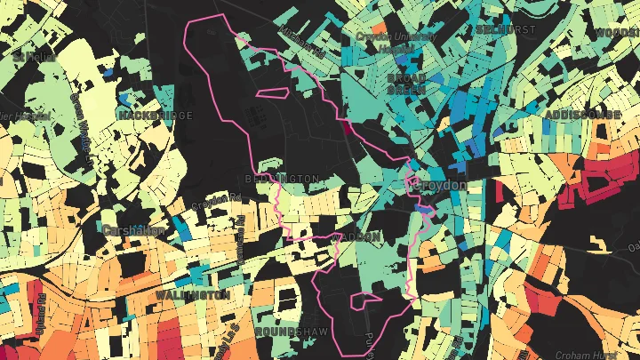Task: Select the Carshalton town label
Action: [x=133, y=230]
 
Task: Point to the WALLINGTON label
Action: [x=192, y=294]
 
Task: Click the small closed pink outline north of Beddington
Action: [x=270, y=92]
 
